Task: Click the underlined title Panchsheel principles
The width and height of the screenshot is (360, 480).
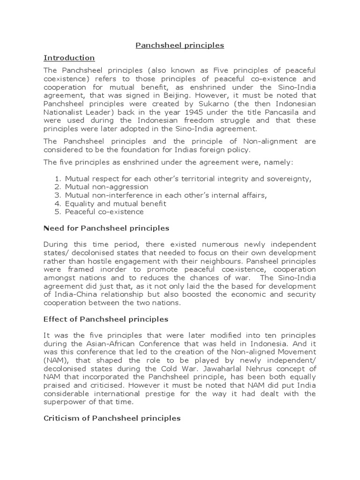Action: click(x=180, y=45)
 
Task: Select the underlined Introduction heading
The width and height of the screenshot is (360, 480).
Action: click(x=69, y=58)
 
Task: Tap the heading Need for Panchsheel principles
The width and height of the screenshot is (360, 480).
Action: click(x=106, y=228)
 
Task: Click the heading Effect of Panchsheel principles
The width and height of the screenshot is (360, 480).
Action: click(x=105, y=319)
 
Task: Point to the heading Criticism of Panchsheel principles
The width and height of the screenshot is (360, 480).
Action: click(x=112, y=418)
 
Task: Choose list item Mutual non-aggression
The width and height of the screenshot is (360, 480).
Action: click(x=106, y=187)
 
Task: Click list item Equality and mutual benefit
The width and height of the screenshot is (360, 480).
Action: click(x=115, y=203)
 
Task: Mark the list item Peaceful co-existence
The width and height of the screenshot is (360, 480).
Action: click(x=104, y=212)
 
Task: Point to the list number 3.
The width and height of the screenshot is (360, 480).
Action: click(x=58, y=195)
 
